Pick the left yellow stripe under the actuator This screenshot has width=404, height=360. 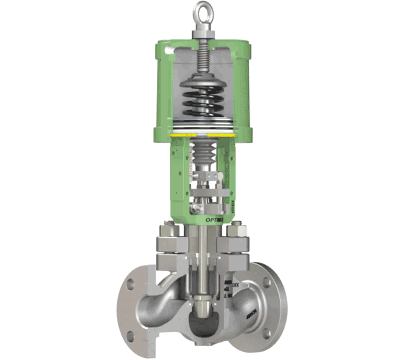pyautogui.click(x=175, y=135)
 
